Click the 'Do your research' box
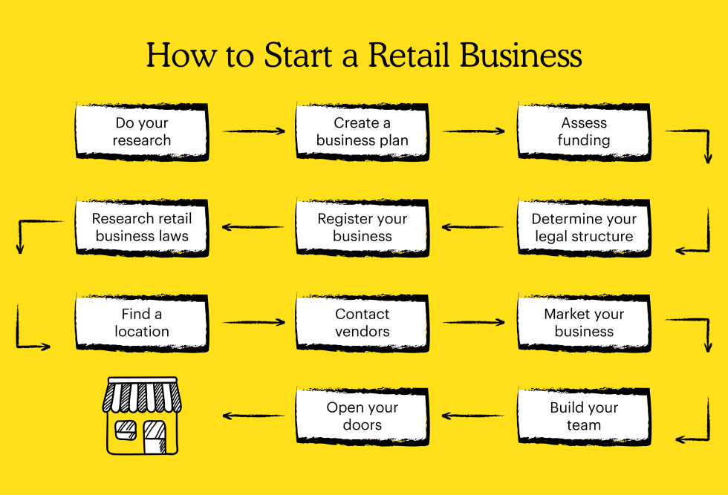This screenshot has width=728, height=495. click(142, 132)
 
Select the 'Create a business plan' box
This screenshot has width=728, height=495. click(363, 132)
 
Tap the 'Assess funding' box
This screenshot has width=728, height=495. click(584, 132)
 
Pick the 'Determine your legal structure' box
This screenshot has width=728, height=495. click(584, 227)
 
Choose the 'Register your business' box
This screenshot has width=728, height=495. click(363, 227)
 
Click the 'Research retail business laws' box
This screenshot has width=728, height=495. click(142, 227)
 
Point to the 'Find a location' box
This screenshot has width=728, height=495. click(142, 323)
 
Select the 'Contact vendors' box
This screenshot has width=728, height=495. click(363, 323)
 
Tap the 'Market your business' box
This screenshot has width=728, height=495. click(584, 323)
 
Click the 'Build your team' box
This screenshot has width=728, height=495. click(584, 416)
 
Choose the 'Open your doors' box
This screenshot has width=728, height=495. click(363, 416)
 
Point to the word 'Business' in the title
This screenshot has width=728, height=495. click(521, 55)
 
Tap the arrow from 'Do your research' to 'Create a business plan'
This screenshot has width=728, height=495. click(254, 131)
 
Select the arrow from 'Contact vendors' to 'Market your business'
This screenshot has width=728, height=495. click(474, 322)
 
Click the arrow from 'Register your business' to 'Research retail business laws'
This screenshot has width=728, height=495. click(253, 227)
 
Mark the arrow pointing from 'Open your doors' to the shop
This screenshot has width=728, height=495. click(253, 416)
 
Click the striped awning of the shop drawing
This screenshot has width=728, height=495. click(142, 396)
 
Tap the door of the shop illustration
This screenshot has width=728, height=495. click(155, 437)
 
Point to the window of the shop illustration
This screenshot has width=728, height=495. click(126, 430)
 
